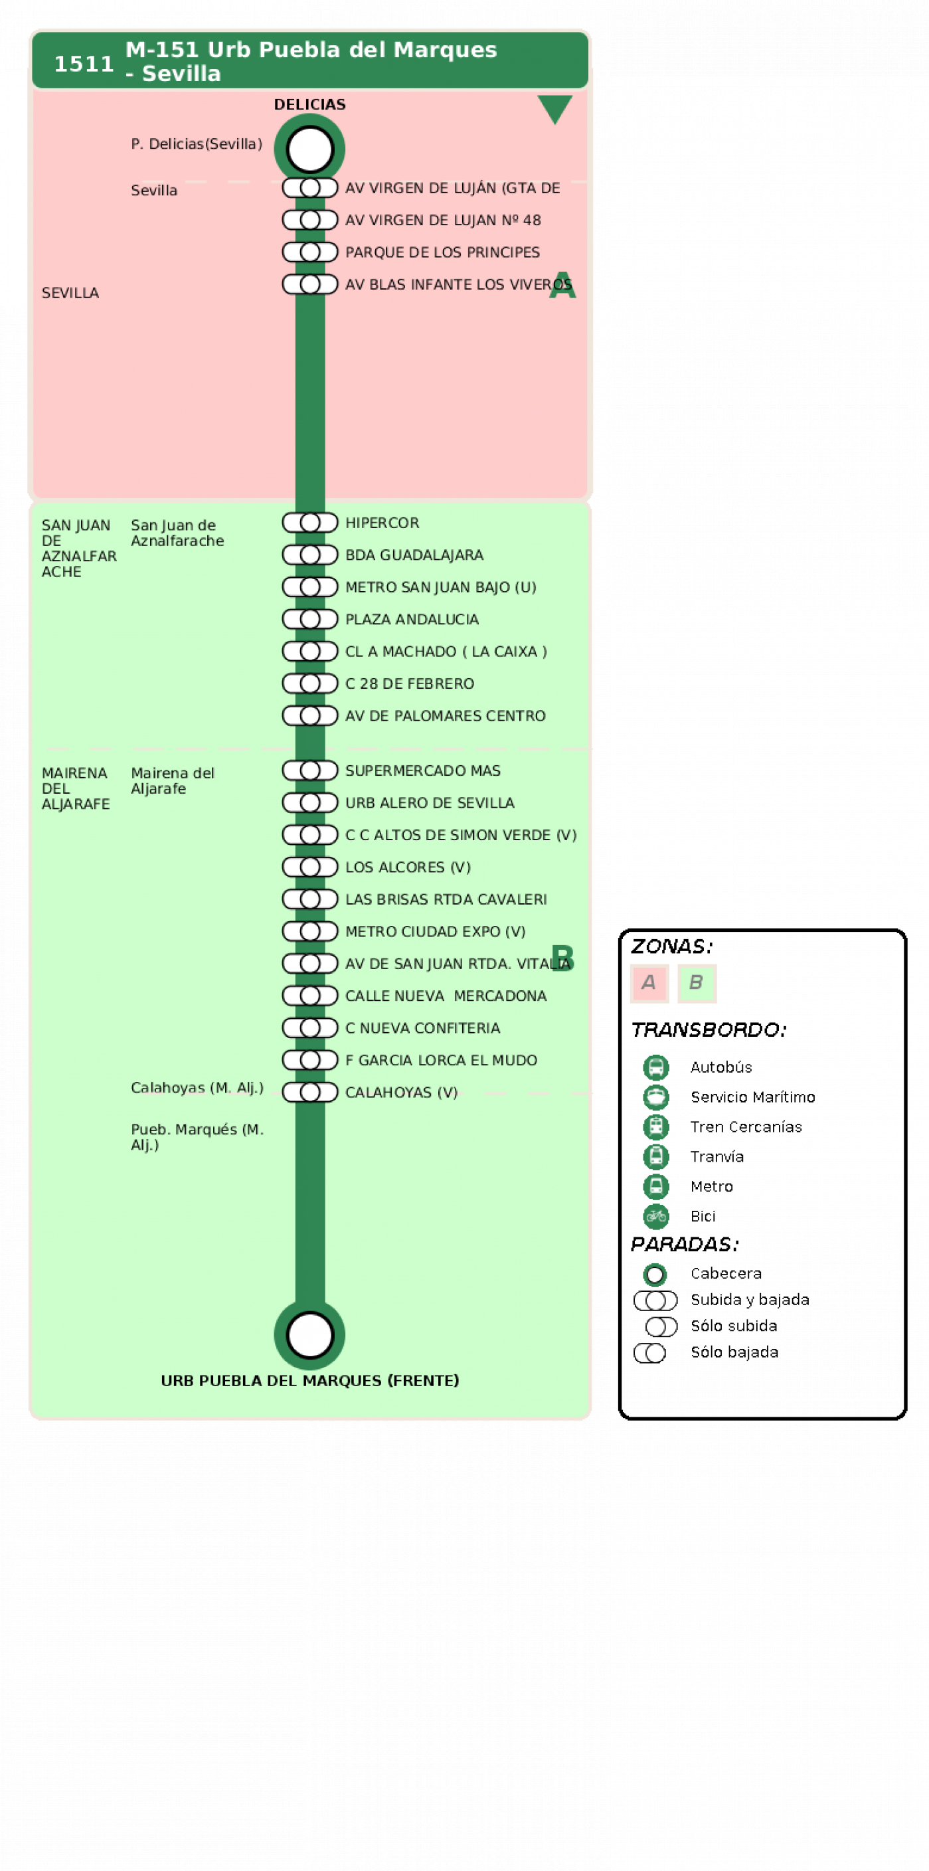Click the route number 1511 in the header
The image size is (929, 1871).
tap(84, 64)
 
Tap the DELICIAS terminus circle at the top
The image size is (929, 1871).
tap(309, 149)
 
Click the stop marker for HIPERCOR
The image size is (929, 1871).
tap(309, 522)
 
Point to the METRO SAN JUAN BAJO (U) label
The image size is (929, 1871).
tap(440, 587)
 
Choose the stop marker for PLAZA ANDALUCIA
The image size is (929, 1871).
tap(309, 619)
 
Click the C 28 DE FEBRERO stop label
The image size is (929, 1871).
tap(409, 683)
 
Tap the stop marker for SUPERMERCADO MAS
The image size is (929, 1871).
tap(309, 770)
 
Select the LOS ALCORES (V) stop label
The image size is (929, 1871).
tap(408, 867)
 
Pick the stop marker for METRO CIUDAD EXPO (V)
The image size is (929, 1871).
tap(309, 931)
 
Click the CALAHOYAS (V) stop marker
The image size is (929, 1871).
tap(309, 1092)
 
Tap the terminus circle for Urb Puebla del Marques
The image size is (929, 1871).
tap(309, 1335)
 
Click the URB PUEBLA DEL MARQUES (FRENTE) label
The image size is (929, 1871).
tap(309, 1380)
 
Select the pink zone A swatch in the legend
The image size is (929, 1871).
tap(649, 983)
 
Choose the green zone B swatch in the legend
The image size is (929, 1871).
tap(697, 983)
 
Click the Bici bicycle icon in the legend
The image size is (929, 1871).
tap(656, 1216)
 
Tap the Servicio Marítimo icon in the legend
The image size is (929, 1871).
tap(656, 1097)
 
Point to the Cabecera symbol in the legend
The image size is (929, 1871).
tap(655, 1274)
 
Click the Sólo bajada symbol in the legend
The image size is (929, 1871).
tap(649, 1352)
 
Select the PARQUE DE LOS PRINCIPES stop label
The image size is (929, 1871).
tap(442, 252)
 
